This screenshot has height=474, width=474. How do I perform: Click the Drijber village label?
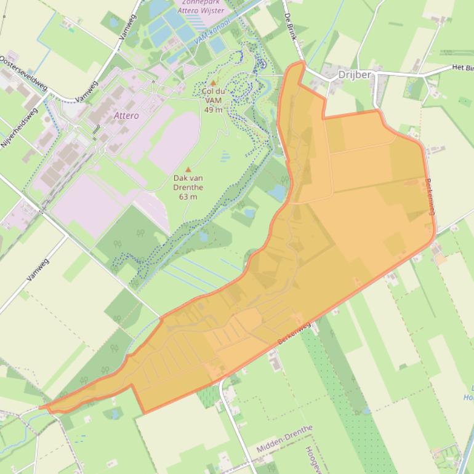click(x=355, y=74)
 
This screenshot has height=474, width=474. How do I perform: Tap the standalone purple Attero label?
click(x=126, y=115)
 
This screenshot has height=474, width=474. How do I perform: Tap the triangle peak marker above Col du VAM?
click(x=214, y=82)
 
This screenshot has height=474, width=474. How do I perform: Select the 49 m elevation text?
click(x=213, y=110)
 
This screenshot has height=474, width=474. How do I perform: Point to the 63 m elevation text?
click(x=188, y=196)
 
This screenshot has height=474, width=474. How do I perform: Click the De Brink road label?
click(x=291, y=28)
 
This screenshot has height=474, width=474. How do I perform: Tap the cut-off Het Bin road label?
click(x=462, y=67)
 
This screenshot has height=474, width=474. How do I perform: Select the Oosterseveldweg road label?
click(x=24, y=74)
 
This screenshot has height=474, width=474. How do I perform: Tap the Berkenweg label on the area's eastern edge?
click(x=430, y=196)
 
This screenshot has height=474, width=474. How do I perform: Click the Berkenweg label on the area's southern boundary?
click(x=294, y=333)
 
